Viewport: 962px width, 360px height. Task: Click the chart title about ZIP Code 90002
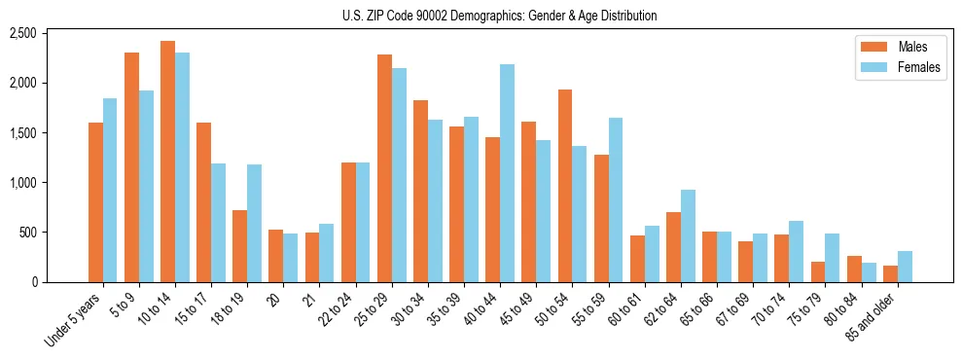(x=499, y=16)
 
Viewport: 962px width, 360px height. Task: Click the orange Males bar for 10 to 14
(x=167, y=162)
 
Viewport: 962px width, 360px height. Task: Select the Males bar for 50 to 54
(x=564, y=186)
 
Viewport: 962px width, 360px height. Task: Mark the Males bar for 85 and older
(x=890, y=273)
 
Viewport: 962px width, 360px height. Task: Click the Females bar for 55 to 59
(x=616, y=200)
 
